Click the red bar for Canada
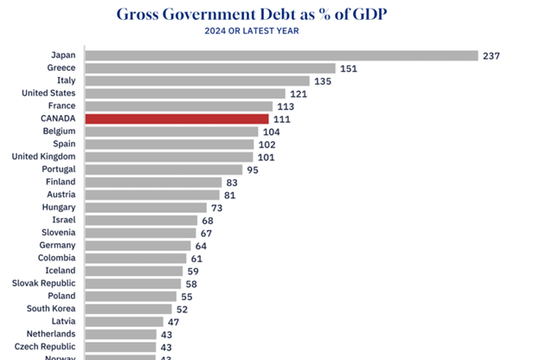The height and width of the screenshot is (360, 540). click(x=177, y=119)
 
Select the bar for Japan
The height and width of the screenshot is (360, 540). click(x=282, y=55)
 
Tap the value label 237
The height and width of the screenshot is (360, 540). click(x=492, y=55)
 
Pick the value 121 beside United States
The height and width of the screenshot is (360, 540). click(x=299, y=93)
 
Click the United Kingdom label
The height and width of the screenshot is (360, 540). click(x=43, y=157)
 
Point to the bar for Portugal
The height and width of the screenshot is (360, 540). click(x=164, y=170)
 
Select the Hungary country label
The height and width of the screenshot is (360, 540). click(x=55, y=208)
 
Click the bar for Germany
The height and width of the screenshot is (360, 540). click(x=138, y=246)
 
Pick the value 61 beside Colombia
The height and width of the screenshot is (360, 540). click(x=198, y=258)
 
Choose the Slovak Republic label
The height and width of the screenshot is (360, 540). click(x=43, y=283)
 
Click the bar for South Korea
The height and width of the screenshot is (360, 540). click(x=129, y=308)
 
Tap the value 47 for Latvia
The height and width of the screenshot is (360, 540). click(x=173, y=321)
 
